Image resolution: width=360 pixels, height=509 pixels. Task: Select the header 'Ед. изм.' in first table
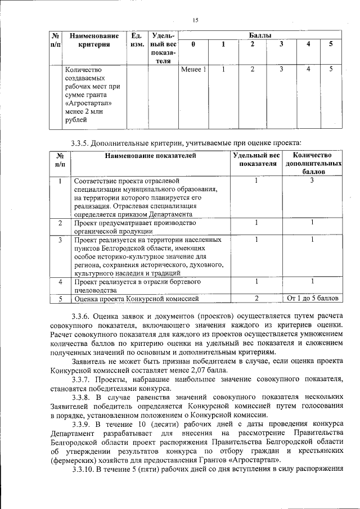point(136,40)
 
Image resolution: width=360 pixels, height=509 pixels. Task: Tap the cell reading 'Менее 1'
point(193,70)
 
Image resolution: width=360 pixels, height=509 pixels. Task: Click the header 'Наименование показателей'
point(150,155)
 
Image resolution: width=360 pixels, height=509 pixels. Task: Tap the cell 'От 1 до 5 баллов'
point(312,298)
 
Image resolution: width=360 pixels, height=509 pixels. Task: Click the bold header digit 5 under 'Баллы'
point(331,44)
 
